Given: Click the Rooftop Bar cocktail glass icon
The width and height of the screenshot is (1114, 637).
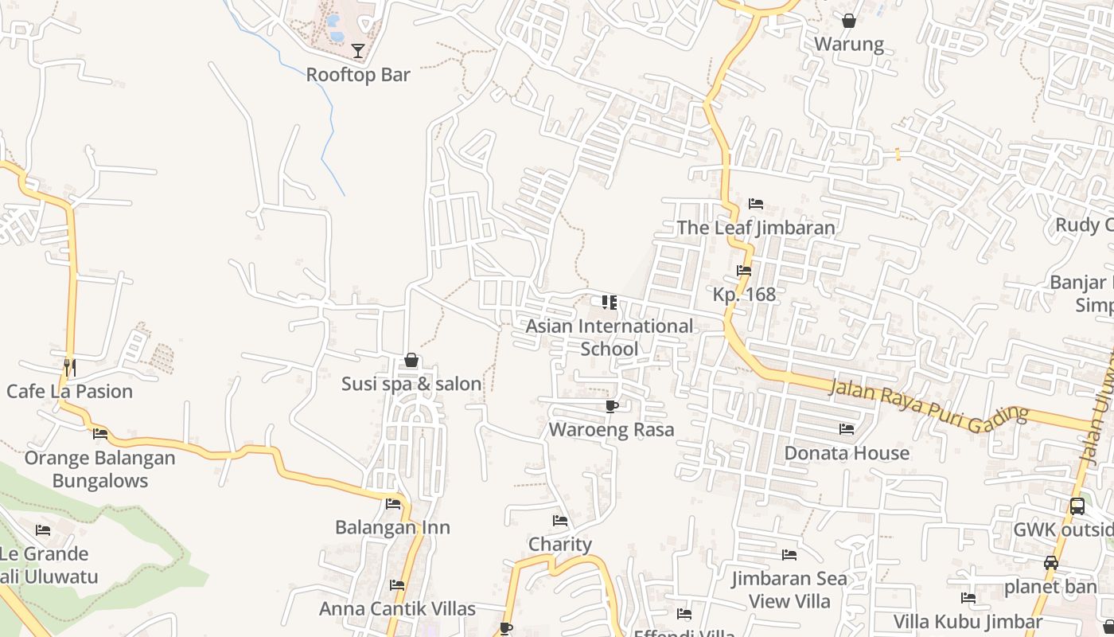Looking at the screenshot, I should pyautogui.click(x=358, y=51).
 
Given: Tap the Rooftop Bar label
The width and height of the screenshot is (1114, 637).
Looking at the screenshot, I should pyautogui.click(x=358, y=75).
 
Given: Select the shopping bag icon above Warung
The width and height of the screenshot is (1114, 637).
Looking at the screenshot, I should pyautogui.click(x=849, y=21).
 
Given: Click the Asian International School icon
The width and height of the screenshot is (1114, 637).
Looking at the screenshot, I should pyautogui.click(x=609, y=303).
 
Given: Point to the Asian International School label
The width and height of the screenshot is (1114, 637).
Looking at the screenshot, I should pyautogui.click(x=609, y=337).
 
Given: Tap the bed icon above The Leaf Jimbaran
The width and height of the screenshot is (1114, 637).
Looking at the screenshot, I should pyautogui.click(x=756, y=204).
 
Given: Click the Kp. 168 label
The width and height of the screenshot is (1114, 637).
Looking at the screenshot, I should pyautogui.click(x=743, y=294).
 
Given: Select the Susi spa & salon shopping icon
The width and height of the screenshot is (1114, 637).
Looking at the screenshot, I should pyautogui.click(x=411, y=361).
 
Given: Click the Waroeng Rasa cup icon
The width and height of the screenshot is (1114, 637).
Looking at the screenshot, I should pyautogui.click(x=611, y=407).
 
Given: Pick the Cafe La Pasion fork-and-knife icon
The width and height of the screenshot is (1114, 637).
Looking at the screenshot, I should pyautogui.click(x=70, y=367).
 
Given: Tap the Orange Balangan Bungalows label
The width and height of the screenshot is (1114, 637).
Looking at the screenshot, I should pyautogui.click(x=99, y=469).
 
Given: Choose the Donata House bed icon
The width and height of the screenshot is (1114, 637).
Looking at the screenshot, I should pyautogui.click(x=847, y=429).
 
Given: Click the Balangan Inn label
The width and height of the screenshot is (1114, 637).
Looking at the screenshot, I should pyautogui.click(x=392, y=527).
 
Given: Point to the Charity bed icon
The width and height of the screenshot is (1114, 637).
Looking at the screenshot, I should pyautogui.click(x=560, y=521).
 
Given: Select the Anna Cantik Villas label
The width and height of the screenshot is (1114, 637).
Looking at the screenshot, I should pyautogui.click(x=397, y=608).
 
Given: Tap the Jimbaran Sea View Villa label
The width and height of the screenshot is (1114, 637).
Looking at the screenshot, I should pyautogui.click(x=790, y=589).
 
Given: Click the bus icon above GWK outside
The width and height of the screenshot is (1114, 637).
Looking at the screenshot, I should pyautogui.click(x=1077, y=506).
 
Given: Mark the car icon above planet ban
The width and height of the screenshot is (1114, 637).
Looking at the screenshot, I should pyautogui.click(x=1050, y=563).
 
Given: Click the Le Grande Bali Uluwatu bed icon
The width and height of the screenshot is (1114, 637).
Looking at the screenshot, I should pyautogui.click(x=43, y=530).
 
